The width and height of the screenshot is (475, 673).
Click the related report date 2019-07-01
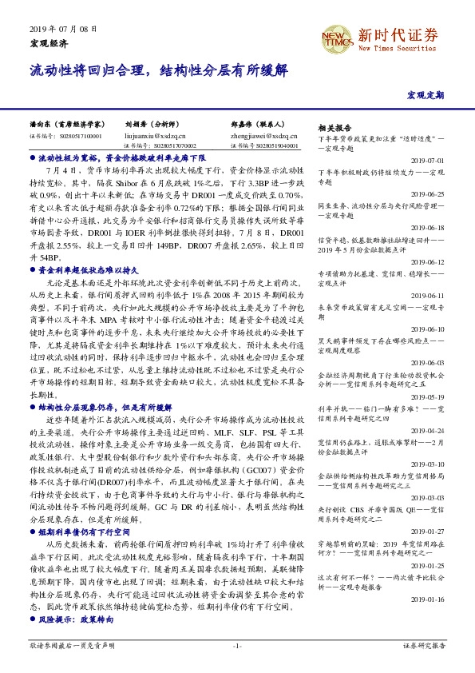(429, 160)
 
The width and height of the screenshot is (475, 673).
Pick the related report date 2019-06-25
(429, 193)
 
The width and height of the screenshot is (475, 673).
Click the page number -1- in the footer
(237, 646)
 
